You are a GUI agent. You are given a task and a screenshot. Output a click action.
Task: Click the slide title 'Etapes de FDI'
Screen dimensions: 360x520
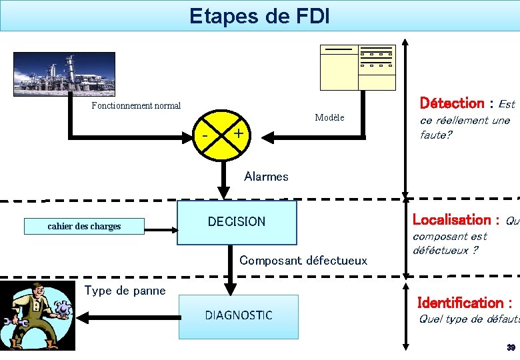pos(259,15)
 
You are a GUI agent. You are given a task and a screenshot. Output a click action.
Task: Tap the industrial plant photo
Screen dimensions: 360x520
pos(64,74)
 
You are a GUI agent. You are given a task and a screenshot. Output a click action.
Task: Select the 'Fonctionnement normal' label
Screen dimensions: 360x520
pos(136,105)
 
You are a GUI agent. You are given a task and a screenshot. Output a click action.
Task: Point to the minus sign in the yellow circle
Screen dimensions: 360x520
pos(205,136)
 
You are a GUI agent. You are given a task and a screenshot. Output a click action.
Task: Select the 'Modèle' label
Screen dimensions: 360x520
pos(329,118)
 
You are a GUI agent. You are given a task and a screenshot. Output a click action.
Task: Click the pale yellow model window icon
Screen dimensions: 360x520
pos(357,67)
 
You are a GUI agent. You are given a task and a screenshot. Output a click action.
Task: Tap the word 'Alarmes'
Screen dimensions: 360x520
pos(266,177)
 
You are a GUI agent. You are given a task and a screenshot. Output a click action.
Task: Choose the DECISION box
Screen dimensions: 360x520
pos(237,222)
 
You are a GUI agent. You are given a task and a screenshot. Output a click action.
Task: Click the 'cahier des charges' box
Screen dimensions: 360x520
pos(84,227)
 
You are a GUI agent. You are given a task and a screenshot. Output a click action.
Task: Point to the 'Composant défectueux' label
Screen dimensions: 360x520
pos(303,260)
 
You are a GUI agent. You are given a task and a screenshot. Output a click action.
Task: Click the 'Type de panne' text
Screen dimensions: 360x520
pos(125,289)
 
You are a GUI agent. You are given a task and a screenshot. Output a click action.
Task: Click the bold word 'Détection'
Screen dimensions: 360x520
pos(451,103)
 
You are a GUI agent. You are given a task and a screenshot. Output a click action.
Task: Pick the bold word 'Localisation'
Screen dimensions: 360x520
pos(451,219)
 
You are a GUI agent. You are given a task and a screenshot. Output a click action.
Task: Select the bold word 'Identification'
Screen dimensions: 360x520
pos(460,303)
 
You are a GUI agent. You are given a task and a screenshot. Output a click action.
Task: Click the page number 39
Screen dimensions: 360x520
pos(511,348)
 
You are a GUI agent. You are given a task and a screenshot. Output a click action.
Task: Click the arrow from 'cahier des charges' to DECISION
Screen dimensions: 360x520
pos(160,230)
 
